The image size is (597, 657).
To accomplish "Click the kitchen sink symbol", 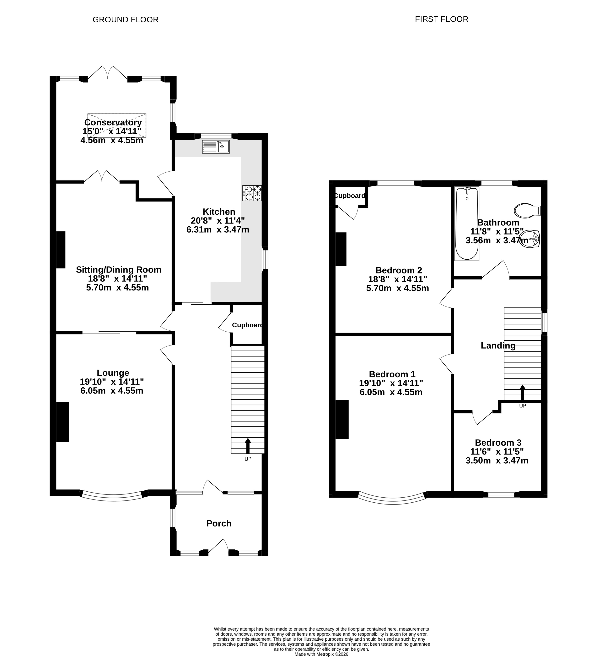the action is coord(216,147).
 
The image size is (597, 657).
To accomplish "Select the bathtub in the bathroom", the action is coord(467,224).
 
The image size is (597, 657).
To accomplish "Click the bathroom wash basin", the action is coord(530,239).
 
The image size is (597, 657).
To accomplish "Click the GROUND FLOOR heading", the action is coord(126,19).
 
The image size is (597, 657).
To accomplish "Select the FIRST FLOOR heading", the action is coord(441,19).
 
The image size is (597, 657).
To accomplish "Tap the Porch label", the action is coord(219,523).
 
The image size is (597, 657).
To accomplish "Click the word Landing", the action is coord(498,345).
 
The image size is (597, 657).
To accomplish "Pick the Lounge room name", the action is coord(113,373).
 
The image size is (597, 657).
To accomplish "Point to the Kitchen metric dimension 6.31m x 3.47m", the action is coord(218,229).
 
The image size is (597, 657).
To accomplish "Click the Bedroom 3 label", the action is coord(498,443).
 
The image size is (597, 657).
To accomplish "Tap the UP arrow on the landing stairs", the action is coord(522,393).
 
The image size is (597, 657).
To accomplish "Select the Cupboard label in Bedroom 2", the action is coord(350,196).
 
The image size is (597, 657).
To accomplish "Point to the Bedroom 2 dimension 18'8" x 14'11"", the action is coord(397,279).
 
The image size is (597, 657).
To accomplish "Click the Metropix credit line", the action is coord(321,654).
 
